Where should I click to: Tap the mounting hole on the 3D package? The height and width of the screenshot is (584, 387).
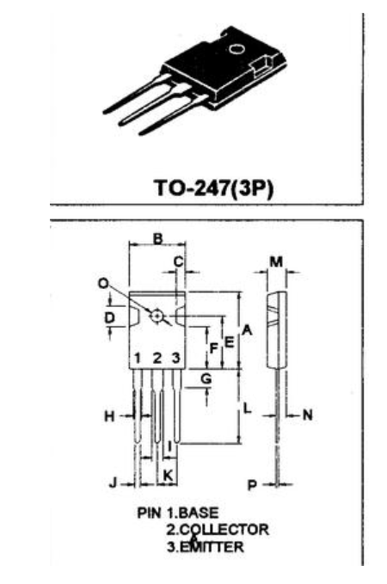click(236, 48)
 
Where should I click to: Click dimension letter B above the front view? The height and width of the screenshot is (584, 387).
click(158, 239)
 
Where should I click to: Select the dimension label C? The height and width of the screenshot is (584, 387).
click(179, 261)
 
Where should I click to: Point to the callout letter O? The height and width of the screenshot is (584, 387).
click(103, 284)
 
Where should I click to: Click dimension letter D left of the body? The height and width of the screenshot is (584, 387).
click(109, 318)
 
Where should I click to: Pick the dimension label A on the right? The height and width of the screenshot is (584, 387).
click(247, 329)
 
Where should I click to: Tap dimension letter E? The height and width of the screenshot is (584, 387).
click(229, 341)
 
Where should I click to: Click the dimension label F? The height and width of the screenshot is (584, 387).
click(213, 348)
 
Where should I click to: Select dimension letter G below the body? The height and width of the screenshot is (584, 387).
click(206, 378)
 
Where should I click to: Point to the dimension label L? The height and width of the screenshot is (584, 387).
click(247, 409)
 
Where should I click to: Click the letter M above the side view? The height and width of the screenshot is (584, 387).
click(276, 262)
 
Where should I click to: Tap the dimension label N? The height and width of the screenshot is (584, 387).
click(308, 415)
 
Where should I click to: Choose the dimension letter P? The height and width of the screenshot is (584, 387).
click(252, 484)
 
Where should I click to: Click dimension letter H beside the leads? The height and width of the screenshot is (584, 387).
click(109, 415)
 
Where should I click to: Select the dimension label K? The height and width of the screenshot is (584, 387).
click(168, 475)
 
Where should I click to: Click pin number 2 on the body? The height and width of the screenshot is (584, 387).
click(157, 359)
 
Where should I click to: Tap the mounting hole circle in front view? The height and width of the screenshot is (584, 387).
click(157, 316)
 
